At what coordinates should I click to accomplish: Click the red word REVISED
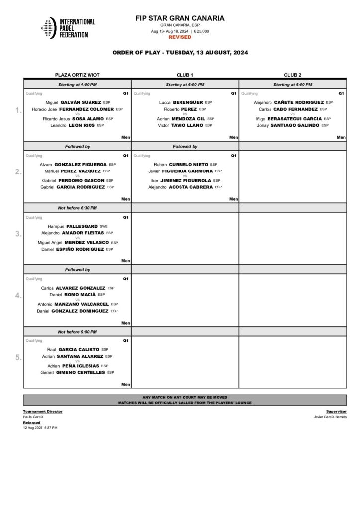pos(180,37)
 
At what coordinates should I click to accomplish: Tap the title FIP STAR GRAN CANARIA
pos(180,18)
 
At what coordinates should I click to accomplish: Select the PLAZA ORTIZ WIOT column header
pos(77,75)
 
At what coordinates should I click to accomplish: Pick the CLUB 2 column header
pos(292,75)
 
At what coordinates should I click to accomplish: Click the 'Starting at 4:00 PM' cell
pos(77,85)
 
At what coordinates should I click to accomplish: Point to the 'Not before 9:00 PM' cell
pos(77,332)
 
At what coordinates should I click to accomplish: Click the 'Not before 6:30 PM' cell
pos(77,208)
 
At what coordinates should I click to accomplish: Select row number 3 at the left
pos(18,234)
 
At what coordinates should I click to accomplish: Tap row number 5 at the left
pos(18,357)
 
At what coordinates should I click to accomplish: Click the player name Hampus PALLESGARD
pos(73,226)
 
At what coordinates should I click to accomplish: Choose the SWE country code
pos(103,226)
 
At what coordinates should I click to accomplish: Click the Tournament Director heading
pos(43,412)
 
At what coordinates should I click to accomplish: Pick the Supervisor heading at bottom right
pos(336,412)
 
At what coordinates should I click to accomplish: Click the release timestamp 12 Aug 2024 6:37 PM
pos(40,427)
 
